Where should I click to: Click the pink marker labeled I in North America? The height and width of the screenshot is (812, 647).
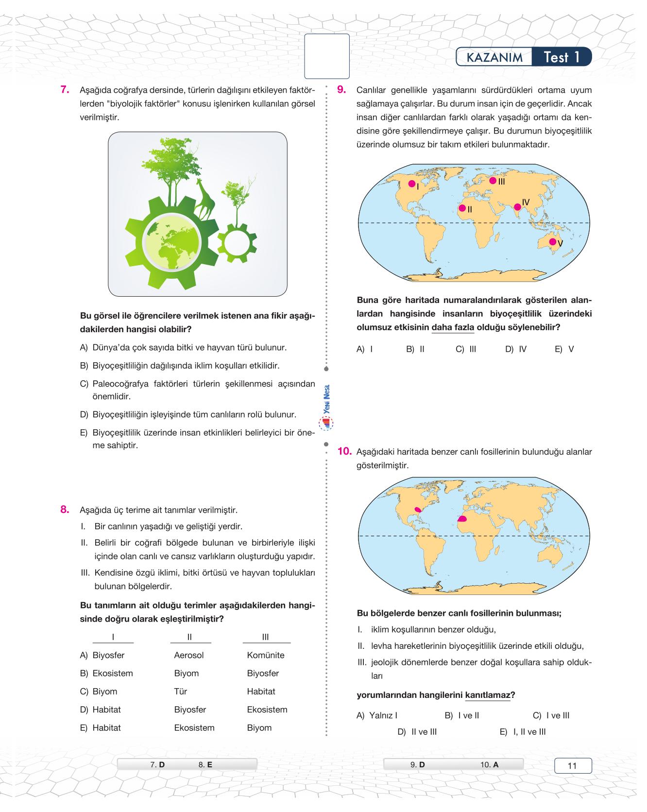click(412, 184)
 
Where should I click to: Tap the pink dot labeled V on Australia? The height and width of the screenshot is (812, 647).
click(552, 241)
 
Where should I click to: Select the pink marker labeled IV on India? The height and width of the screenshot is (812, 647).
click(517, 207)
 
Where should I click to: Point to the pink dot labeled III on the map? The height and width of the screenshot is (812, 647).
click(493, 181)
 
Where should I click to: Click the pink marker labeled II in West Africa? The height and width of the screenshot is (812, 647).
click(462, 208)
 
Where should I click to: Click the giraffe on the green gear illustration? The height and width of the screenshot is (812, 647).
click(205, 199)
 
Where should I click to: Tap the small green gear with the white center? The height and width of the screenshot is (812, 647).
click(237, 242)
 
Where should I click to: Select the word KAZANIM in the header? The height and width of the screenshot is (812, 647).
click(494, 57)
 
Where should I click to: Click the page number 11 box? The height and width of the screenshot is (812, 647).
click(573, 765)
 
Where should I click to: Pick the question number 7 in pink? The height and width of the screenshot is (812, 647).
click(65, 89)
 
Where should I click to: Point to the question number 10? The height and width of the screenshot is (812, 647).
click(344, 451)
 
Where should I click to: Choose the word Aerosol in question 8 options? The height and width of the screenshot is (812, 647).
click(189, 655)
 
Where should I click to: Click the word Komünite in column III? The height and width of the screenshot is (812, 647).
click(266, 655)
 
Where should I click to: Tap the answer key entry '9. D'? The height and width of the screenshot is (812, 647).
click(417, 764)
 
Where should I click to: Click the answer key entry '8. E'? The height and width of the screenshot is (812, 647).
click(205, 764)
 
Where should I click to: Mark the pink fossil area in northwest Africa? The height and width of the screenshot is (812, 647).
click(462, 519)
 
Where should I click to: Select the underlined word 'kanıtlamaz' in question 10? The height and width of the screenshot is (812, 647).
click(488, 695)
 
